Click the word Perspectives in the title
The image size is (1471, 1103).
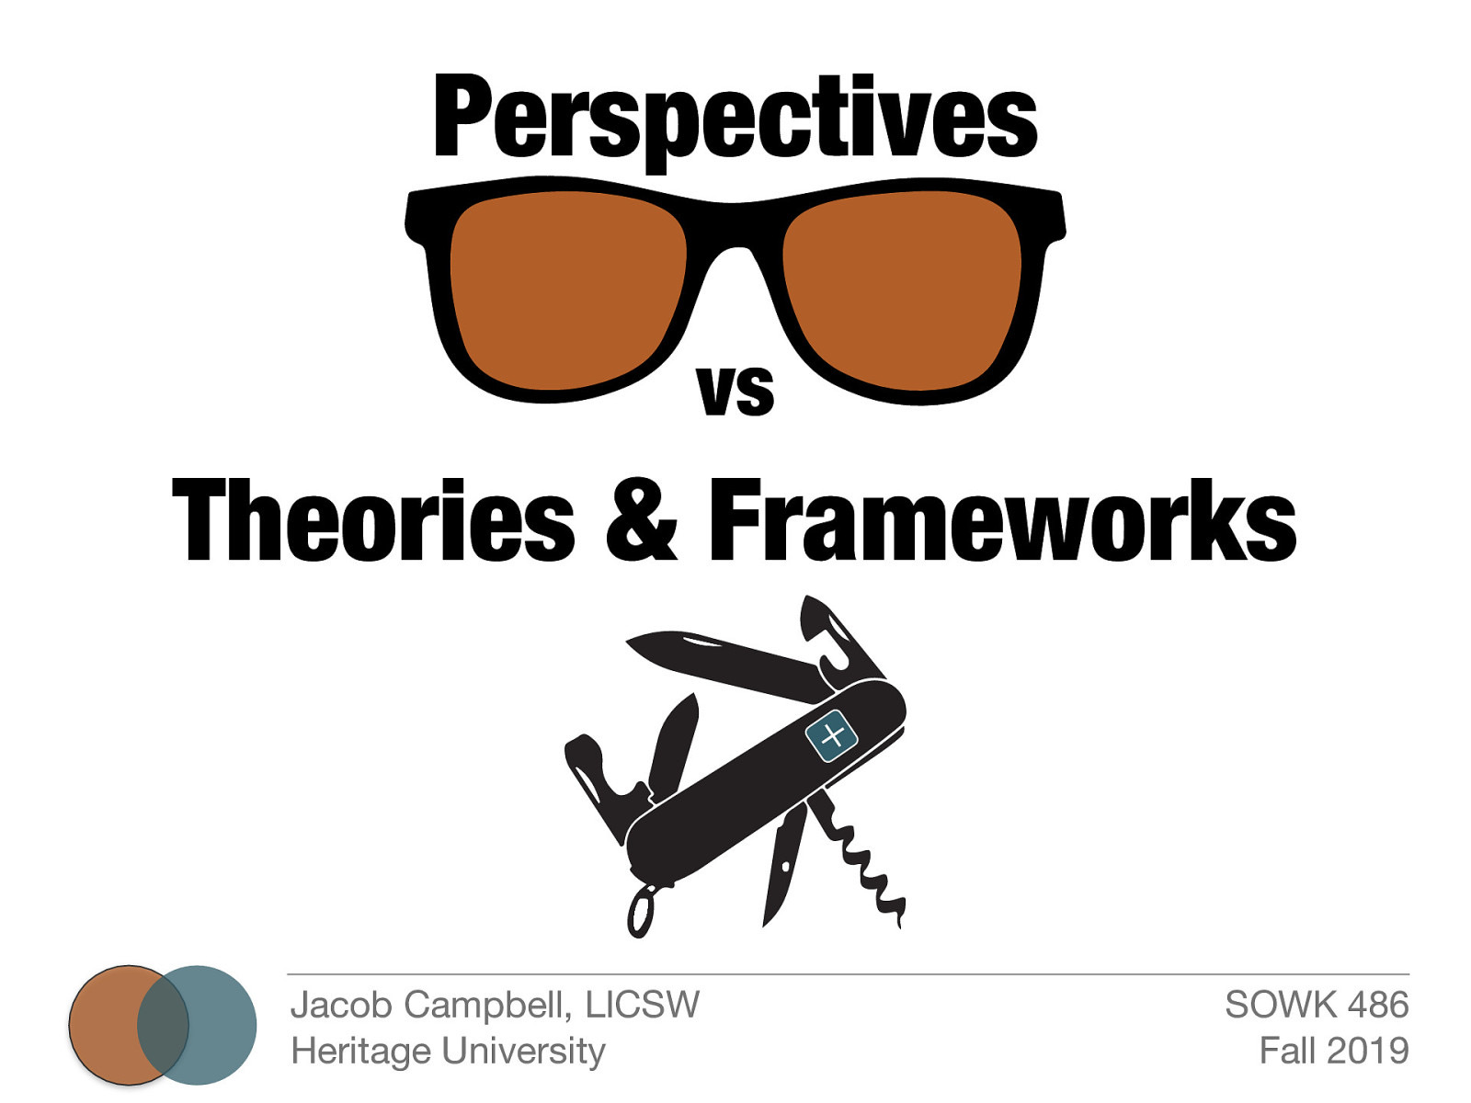click(x=735, y=119)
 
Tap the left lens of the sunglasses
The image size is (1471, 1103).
click(x=568, y=290)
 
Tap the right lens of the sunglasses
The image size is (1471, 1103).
click(x=902, y=290)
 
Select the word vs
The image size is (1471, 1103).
click(x=735, y=390)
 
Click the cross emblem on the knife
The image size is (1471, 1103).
click(x=831, y=735)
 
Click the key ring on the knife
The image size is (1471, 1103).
click(x=640, y=910)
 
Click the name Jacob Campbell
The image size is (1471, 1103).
click(x=427, y=1005)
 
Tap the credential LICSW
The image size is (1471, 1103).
click(x=643, y=1005)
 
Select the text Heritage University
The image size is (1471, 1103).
click(x=448, y=1051)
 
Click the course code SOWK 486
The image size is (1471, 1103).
click(x=1316, y=1005)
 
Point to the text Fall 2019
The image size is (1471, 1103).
click(x=1333, y=1051)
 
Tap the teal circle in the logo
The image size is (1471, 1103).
click(x=221, y=1025)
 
